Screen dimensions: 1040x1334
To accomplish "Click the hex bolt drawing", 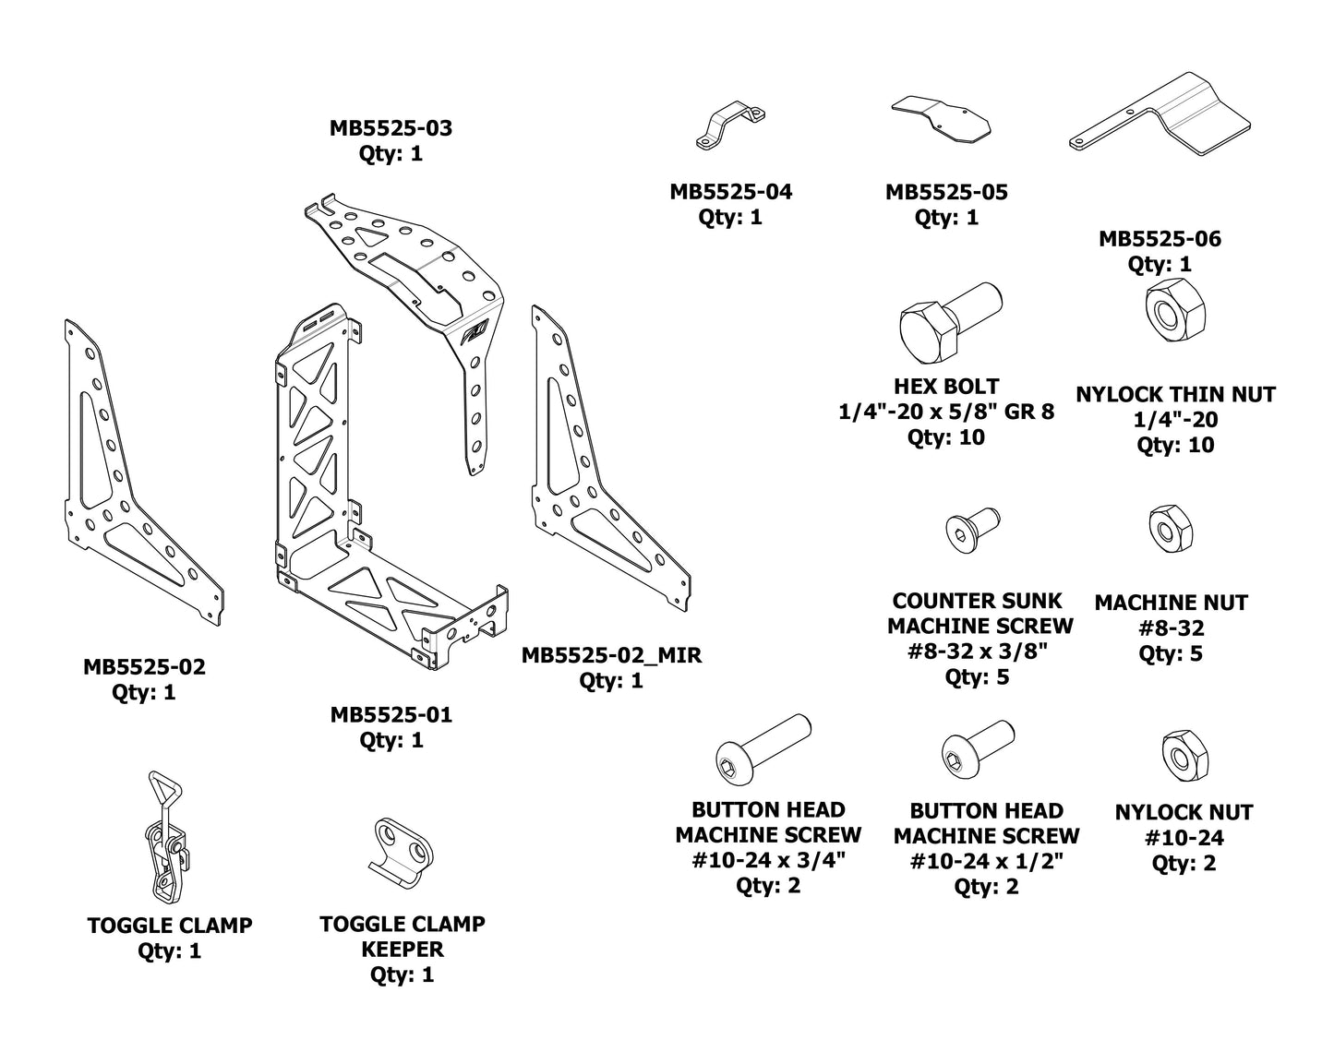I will coord(949,324).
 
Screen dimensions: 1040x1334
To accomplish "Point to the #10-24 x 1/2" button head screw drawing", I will coord(977,751).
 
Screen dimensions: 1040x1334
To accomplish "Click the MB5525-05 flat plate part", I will coord(941,118).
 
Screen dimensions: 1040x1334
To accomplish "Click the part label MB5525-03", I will coord(391,128).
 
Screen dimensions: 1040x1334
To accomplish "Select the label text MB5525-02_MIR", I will coord(611,656).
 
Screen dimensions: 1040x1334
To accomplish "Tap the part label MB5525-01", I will coord(391,715).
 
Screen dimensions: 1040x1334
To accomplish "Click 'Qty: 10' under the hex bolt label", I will coord(946,437).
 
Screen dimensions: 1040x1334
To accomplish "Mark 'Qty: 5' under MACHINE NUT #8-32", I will coord(1172,654).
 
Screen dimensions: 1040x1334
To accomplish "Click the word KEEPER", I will coord(402,950).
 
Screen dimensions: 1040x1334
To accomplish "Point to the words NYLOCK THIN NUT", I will coord(1175,395).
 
